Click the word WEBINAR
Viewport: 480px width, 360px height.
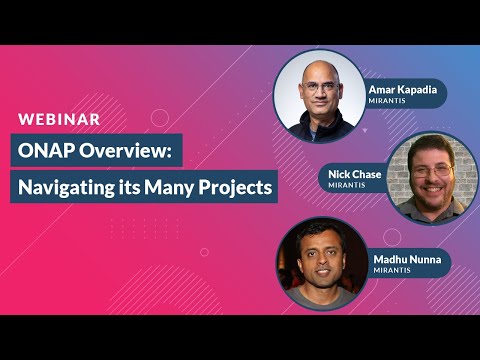[x=59, y=119]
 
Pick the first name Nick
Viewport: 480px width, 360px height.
[x=339, y=173]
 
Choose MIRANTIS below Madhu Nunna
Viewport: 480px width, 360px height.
[x=392, y=270]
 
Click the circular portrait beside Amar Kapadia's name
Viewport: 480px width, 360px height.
[x=318, y=96]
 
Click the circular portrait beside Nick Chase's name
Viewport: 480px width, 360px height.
[x=432, y=178]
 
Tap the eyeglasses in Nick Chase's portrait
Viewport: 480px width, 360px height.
[x=431, y=170]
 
